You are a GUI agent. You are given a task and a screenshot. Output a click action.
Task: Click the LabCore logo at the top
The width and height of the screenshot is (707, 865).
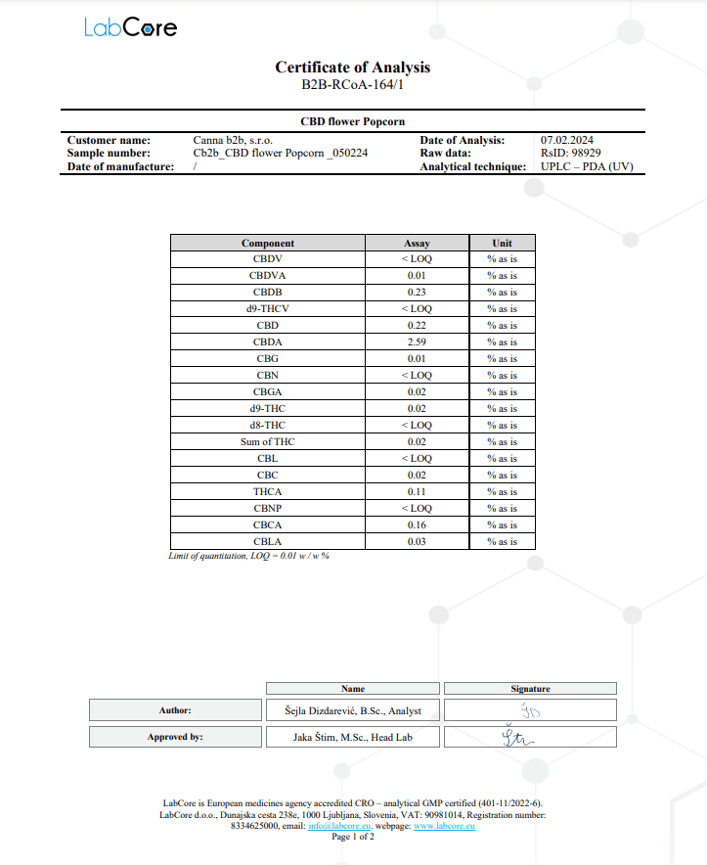click(x=130, y=27)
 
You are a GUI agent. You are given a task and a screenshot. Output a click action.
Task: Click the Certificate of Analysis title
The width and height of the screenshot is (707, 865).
click(x=352, y=68)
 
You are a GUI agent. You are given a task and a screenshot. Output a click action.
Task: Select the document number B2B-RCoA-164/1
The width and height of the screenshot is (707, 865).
click(x=352, y=85)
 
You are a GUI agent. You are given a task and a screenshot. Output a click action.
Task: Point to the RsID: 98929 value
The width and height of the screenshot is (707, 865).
click(x=570, y=153)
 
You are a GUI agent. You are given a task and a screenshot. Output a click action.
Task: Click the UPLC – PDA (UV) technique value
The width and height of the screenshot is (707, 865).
click(x=587, y=166)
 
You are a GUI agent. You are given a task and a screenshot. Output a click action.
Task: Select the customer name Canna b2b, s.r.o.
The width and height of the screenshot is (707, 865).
click(x=233, y=140)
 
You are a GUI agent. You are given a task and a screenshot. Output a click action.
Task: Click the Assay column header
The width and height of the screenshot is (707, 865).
click(x=417, y=243)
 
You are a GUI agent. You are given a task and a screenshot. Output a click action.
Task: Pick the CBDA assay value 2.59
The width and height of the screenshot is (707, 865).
click(x=417, y=342)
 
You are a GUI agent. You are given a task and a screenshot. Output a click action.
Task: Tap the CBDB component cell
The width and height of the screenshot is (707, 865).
click(x=268, y=293)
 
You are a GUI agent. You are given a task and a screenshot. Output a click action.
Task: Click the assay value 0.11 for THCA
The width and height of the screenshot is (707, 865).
click(x=417, y=491)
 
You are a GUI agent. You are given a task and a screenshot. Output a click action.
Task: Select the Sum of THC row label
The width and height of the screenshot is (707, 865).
click(x=268, y=442)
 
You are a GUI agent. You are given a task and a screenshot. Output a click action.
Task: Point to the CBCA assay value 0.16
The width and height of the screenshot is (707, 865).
click(x=417, y=524)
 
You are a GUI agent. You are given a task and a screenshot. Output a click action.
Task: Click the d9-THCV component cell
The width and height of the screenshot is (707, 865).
click(x=268, y=309)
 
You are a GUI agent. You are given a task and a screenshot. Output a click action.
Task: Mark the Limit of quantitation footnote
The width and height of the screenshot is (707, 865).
click(x=248, y=556)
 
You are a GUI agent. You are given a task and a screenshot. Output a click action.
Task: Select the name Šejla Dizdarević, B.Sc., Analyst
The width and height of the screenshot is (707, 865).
click(x=353, y=710)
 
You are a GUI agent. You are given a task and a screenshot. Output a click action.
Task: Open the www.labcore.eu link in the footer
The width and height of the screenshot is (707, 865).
click(x=444, y=827)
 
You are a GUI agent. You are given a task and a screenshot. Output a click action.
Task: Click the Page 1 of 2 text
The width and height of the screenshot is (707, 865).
click(x=353, y=838)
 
